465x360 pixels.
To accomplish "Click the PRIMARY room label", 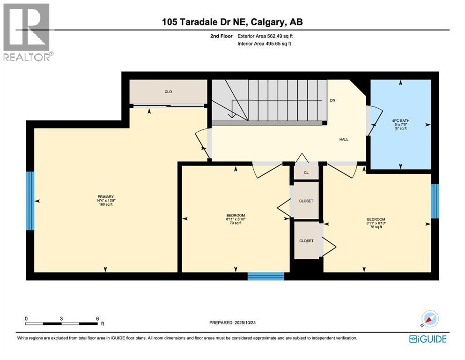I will pos(106,197).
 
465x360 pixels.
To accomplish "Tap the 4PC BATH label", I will pos(400,120).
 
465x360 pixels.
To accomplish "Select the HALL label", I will pos(344,139).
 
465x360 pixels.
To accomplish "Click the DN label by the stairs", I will pos(332,100).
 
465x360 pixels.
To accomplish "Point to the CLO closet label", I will pos(168,91).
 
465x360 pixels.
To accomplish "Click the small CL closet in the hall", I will pos(306,172).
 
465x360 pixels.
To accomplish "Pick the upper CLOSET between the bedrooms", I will pos(306,201).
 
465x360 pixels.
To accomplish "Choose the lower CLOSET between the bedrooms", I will pos(306,240).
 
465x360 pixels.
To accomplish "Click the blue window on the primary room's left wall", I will pos(30,201).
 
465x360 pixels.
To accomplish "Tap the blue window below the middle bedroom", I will pos(266,276).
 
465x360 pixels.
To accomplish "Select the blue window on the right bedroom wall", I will pos(435,201).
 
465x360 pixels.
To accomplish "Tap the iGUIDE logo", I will pos(428,339).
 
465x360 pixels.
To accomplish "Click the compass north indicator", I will pos(430,319).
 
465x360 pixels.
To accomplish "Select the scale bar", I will pos(62,323).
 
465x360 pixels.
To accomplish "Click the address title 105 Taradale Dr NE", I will pos(232,22).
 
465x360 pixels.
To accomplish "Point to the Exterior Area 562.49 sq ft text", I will pos(266,36).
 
